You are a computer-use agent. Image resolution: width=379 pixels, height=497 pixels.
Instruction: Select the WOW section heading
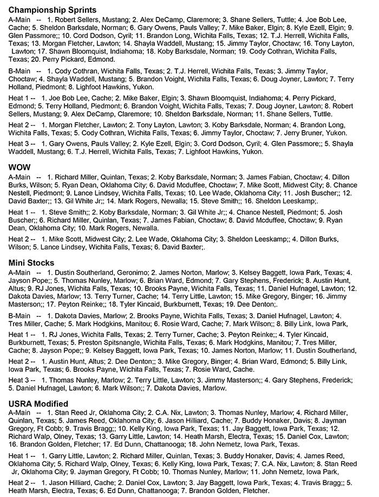[x=19, y=166]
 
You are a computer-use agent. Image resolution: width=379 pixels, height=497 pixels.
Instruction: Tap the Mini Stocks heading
[x=31, y=263]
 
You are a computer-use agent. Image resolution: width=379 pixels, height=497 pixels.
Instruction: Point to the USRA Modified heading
[x=38, y=404]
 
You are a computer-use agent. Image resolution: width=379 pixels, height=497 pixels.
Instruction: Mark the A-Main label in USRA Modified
[x=21, y=412]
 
